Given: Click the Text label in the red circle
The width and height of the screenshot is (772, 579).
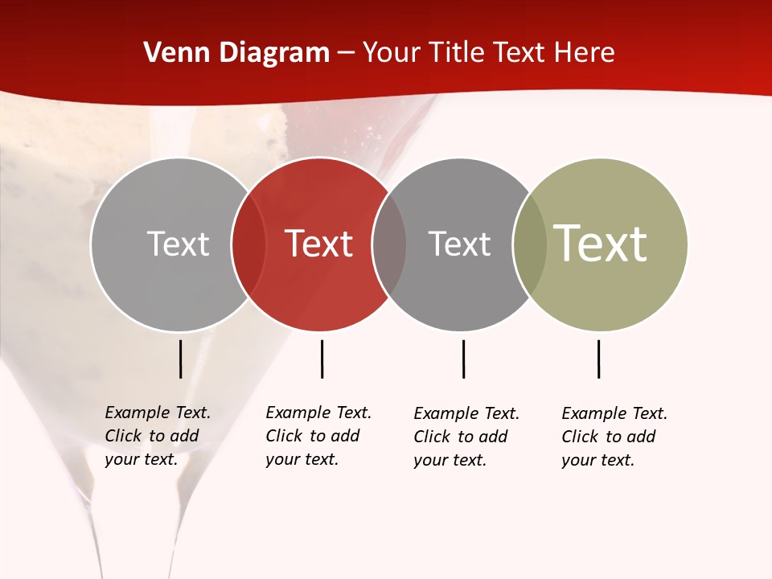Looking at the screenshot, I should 319,244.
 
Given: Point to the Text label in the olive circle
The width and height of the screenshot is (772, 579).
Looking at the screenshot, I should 600,244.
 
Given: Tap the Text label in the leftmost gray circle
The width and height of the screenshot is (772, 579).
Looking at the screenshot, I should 178,244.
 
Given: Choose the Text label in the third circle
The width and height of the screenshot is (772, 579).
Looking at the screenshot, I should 459,244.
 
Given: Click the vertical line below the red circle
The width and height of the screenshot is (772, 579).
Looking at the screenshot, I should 322,359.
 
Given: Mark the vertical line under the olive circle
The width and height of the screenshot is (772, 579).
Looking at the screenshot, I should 598,359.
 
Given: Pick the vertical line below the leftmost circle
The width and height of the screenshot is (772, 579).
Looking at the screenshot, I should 180,359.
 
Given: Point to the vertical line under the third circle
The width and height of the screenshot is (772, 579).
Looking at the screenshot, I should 463,359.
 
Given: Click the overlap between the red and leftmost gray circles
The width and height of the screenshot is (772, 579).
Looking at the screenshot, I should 248,244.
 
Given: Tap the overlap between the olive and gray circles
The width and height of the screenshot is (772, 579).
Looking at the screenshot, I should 529,244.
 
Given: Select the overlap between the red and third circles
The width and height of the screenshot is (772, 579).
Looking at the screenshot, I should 389,244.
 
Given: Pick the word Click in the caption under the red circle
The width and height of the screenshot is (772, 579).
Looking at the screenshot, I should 284,436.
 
